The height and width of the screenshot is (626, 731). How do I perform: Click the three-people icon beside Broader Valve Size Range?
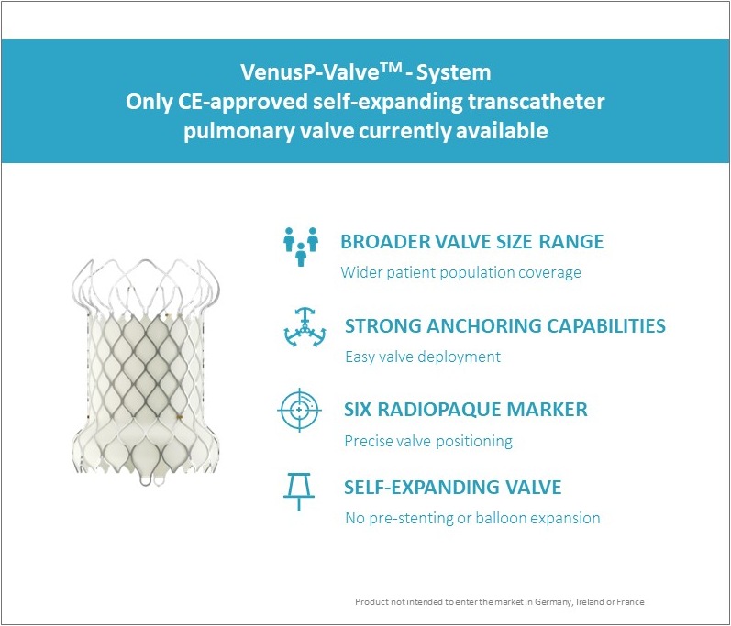(x=300, y=247)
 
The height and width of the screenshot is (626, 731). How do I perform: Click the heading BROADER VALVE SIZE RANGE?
(x=471, y=242)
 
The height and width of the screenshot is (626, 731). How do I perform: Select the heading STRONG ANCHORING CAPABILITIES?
(x=504, y=326)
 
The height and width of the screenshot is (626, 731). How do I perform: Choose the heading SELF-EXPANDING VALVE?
(x=453, y=488)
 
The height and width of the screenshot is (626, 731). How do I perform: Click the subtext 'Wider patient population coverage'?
(x=460, y=272)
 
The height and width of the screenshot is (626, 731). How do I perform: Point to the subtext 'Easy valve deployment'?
(x=422, y=357)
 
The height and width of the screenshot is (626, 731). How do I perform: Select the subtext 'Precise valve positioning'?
(x=428, y=441)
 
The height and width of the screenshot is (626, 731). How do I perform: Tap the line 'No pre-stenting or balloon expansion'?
(x=472, y=518)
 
